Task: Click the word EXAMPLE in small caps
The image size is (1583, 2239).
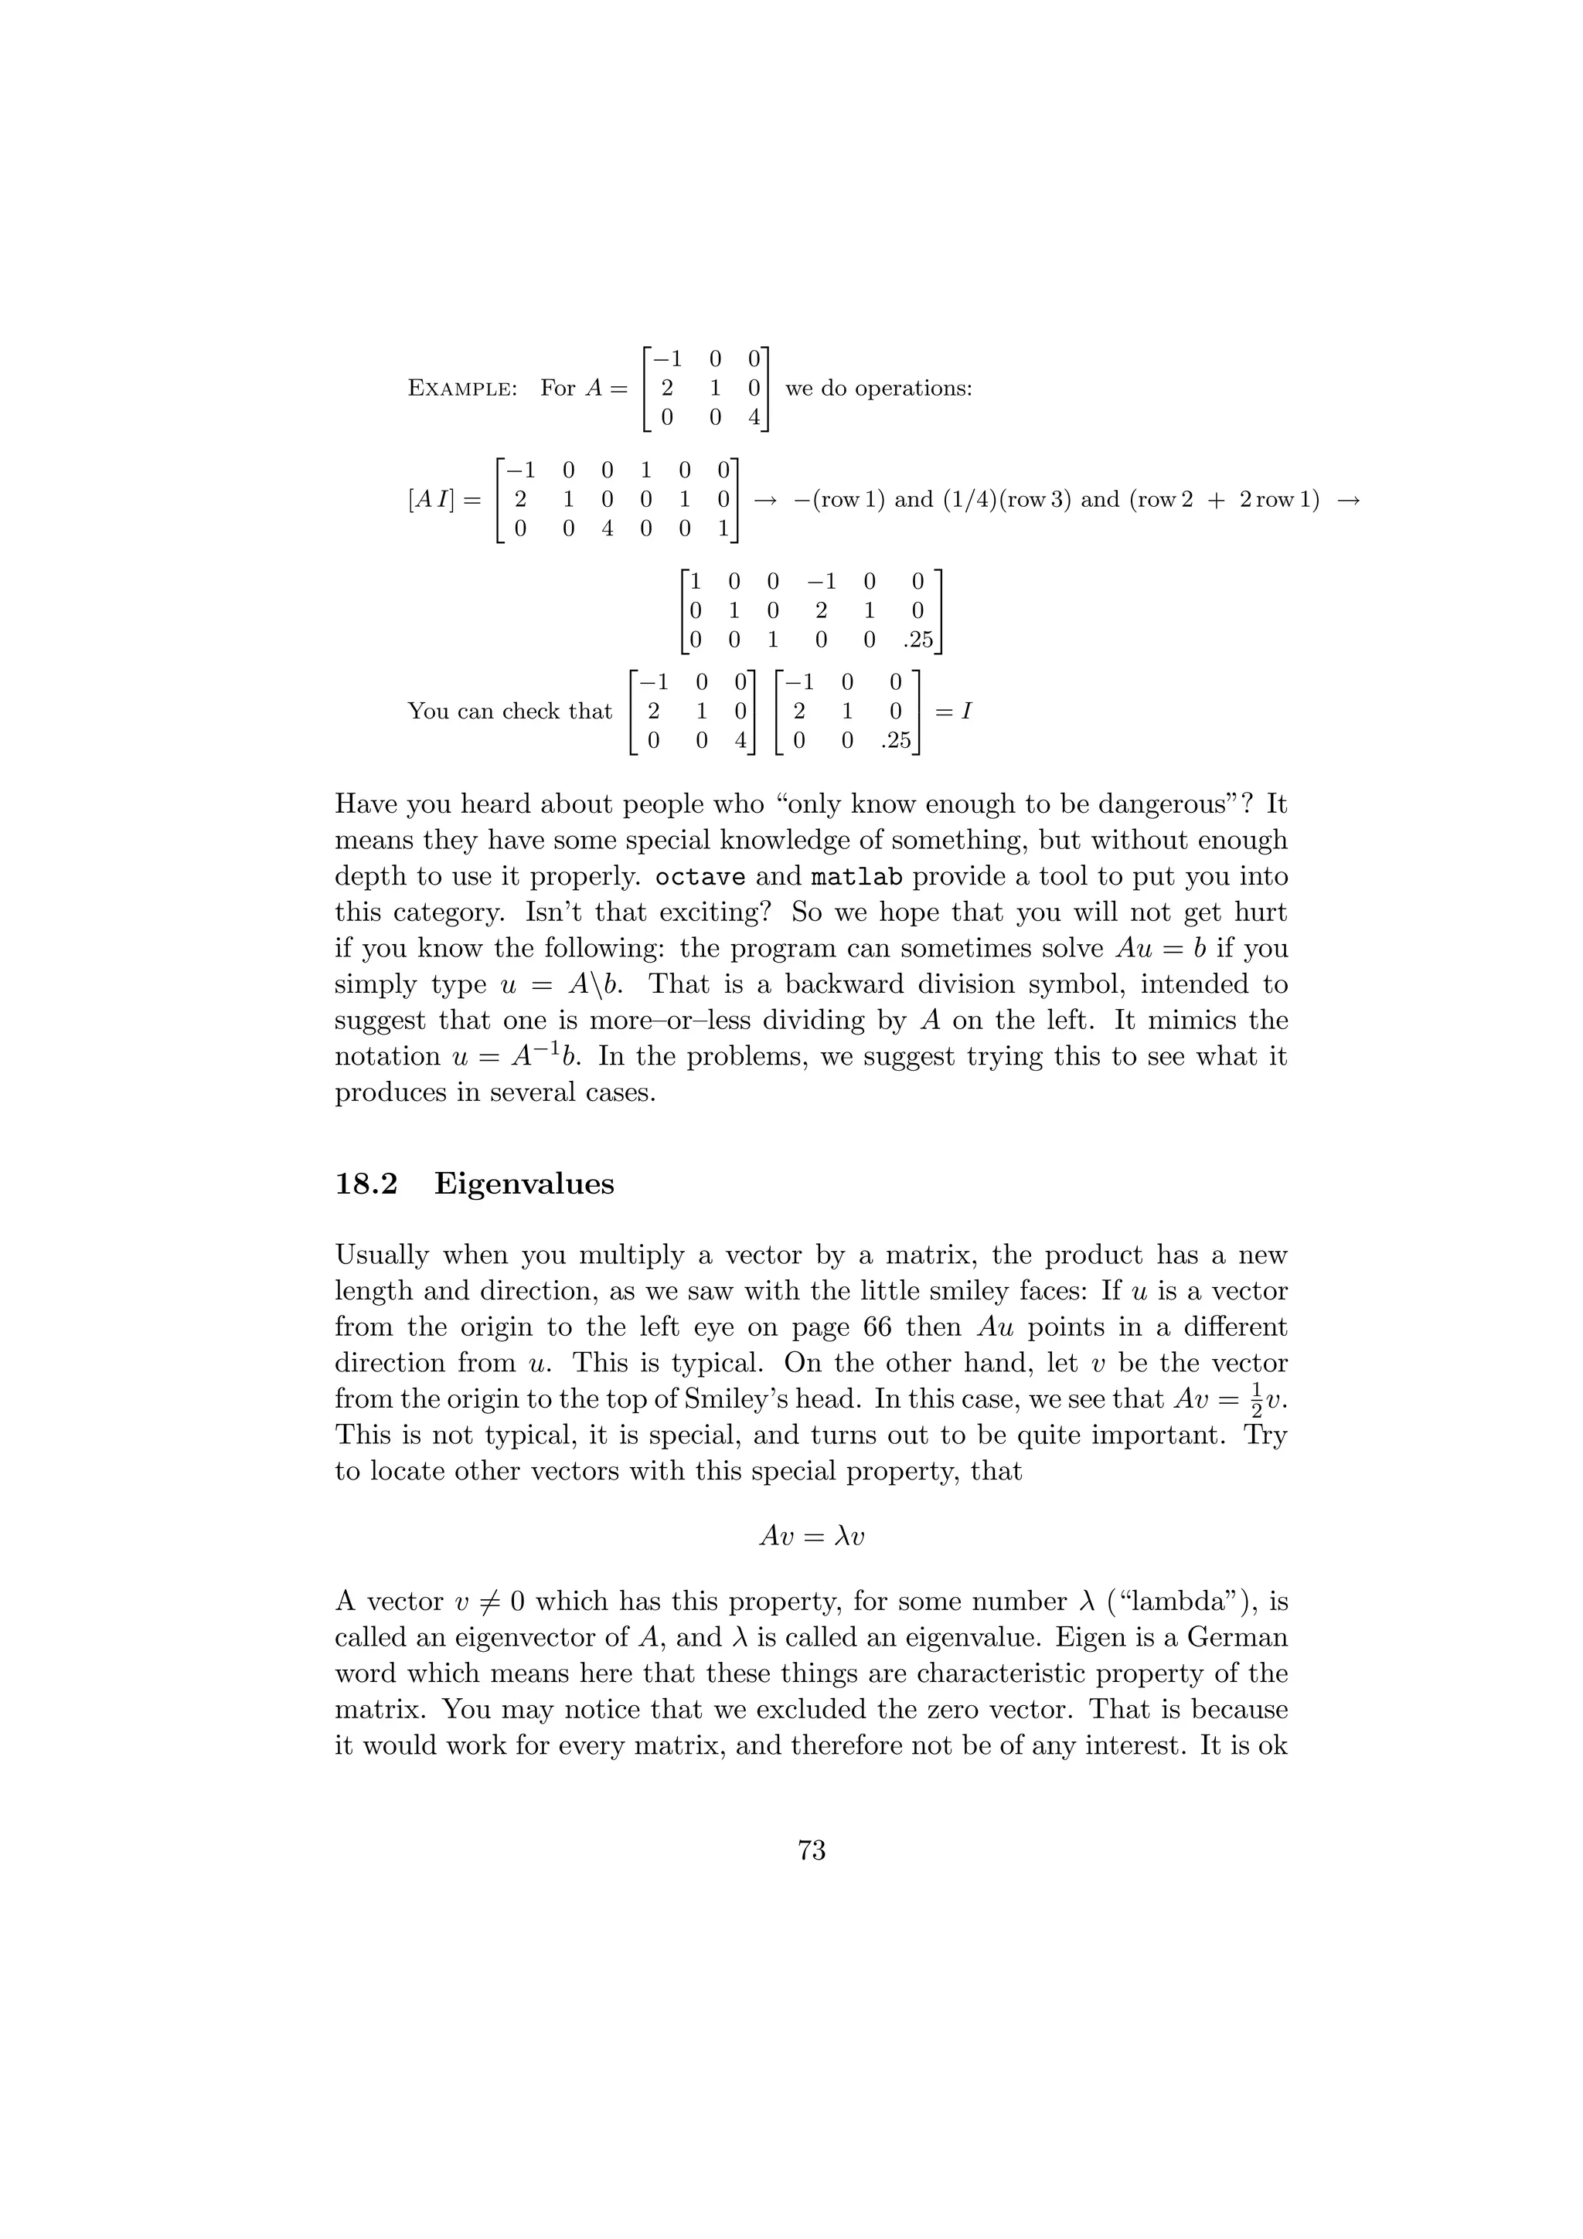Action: [x=461, y=388]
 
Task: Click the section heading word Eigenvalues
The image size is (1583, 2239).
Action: [x=524, y=1184]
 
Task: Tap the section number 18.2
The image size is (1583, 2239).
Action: [x=366, y=1184]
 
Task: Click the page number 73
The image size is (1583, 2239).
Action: [x=811, y=1850]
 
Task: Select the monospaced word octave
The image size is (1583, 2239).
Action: [x=700, y=877]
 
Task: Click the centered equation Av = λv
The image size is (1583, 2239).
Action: [x=812, y=1537]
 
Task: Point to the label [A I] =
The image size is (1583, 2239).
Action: [x=444, y=501]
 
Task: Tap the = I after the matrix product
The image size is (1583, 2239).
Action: [x=953, y=711]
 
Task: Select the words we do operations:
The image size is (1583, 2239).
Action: [x=879, y=388]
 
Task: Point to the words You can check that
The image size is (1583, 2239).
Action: [x=509, y=711]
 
